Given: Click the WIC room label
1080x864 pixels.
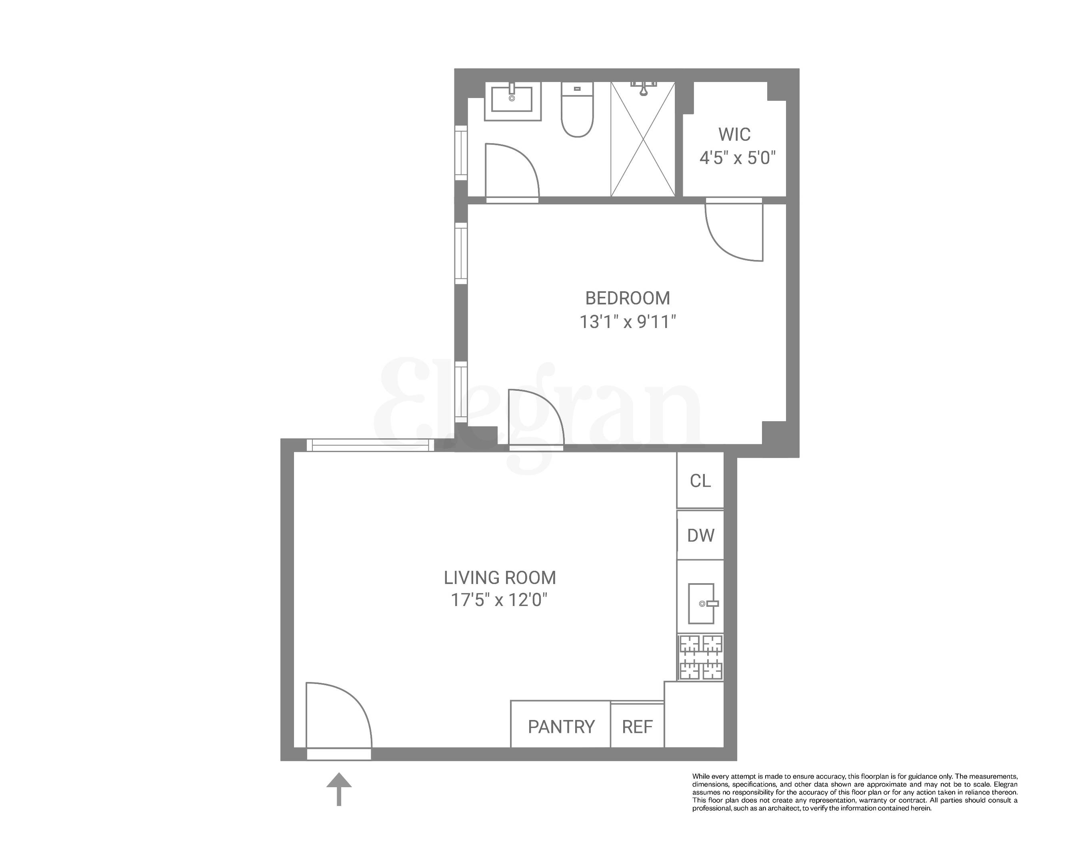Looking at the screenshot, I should [734, 134].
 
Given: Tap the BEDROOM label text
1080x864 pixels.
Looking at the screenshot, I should [627, 298].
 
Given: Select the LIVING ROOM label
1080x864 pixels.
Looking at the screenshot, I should [500, 578].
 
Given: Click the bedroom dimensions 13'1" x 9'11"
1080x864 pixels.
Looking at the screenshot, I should [627, 322].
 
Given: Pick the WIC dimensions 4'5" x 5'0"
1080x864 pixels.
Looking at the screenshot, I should [737, 158].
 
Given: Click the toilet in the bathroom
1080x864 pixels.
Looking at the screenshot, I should [577, 110].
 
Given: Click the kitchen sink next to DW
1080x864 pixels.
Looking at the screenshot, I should [701, 604].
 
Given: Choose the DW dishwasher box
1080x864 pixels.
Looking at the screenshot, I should [700, 536].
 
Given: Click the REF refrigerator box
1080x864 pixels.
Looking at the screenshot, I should [637, 726].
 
